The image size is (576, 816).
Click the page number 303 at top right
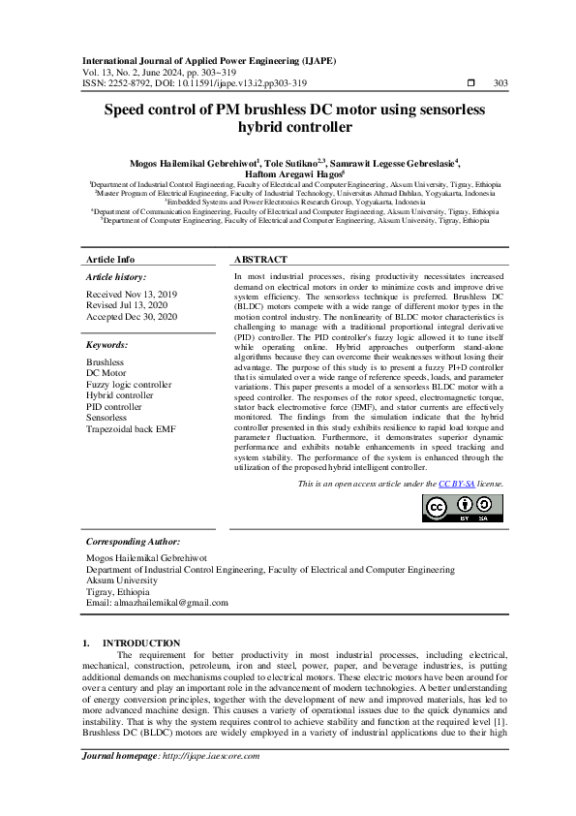click(x=500, y=83)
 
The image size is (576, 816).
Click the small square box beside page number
click(x=471, y=83)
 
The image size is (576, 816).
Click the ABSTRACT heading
click(x=261, y=260)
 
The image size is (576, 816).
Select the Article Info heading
click(x=110, y=260)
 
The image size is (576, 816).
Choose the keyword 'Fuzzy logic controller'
click(x=129, y=385)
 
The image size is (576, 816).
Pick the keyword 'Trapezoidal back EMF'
click(x=132, y=428)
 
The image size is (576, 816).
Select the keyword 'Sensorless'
click(x=108, y=418)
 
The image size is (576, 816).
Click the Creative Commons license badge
click(x=463, y=508)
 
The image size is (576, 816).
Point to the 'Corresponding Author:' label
click(x=134, y=542)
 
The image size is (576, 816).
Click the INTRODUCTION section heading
click(x=141, y=643)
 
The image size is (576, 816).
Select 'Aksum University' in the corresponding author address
click(x=124, y=581)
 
